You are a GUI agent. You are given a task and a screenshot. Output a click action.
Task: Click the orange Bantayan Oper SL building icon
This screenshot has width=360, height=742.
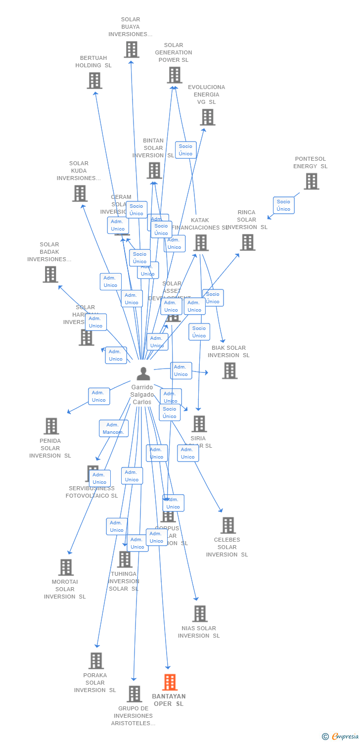click(x=170, y=682)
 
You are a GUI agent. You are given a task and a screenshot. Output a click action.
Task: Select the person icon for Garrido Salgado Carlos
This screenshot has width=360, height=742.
click(x=143, y=373)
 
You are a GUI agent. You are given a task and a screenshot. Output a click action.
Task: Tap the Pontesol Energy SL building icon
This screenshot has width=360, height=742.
click(x=311, y=182)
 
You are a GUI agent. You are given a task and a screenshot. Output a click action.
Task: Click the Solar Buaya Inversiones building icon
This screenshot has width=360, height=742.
click(x=131, y=49)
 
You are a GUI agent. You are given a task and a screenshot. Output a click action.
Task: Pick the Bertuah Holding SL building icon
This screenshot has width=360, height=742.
click(x=94, y=81)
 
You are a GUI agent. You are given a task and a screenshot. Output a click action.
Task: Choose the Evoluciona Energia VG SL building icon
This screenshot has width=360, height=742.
click(x=207, y=117)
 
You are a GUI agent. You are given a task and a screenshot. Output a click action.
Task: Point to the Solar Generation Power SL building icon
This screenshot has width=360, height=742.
click(x=174, y=75)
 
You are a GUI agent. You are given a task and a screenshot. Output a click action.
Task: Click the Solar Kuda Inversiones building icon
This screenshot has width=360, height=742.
click(x=80, y=193)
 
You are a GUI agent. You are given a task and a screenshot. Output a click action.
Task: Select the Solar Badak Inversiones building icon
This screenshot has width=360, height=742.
click(x=50, y=275)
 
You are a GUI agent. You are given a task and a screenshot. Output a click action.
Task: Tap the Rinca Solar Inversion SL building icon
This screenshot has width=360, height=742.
click(x=247, y=242)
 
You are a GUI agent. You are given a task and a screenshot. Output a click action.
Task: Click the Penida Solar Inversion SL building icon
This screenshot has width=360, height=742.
click(x=51, y=426)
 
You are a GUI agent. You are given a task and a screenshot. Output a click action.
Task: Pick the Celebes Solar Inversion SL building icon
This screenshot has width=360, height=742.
click(x=227, y=525)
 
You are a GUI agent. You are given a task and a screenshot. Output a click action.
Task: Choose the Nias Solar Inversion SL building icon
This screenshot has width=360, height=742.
click(x=199, y=614)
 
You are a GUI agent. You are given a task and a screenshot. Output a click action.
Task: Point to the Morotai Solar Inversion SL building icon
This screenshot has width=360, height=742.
click(x=65, y=567)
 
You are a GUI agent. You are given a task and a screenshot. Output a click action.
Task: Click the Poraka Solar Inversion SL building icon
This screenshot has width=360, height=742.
click(x=96, y=660)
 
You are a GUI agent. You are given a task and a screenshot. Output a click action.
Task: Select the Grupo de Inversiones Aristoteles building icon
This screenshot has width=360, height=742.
click(x=134, y=694)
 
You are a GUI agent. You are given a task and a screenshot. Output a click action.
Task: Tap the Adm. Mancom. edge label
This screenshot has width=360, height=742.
click(x=113, y=428)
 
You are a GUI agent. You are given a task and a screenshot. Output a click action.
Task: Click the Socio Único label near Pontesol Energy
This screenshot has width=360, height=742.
click(x=283, y=205)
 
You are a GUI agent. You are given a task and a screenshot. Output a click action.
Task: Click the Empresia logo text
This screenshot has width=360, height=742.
click(x=345, y=737)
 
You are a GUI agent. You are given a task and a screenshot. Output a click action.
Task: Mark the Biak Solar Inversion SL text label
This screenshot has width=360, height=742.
click(x=228, y=352)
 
